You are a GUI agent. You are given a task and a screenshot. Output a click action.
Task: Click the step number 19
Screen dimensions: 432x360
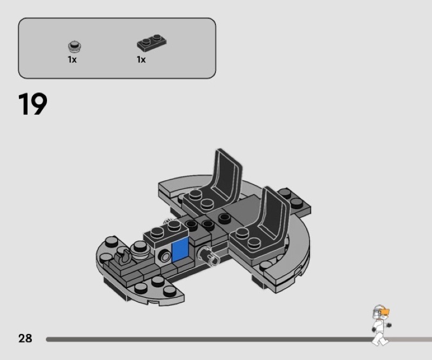[32, 104]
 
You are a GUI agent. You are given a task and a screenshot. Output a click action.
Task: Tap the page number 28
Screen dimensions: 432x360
[25, 338]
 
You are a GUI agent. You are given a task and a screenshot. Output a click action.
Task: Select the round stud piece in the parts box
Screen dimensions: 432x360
[75, 46]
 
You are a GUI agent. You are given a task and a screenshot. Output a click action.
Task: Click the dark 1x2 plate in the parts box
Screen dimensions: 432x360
[152, 43]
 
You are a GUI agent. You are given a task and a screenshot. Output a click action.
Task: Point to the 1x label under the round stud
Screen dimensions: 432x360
[72, 59]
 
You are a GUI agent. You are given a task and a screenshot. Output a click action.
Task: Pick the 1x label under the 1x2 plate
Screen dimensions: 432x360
[141, 59]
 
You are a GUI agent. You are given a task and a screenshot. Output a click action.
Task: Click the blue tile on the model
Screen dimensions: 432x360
[180, 250]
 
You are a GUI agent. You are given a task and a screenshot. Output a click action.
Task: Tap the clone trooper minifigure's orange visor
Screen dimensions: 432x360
[384, 312]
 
